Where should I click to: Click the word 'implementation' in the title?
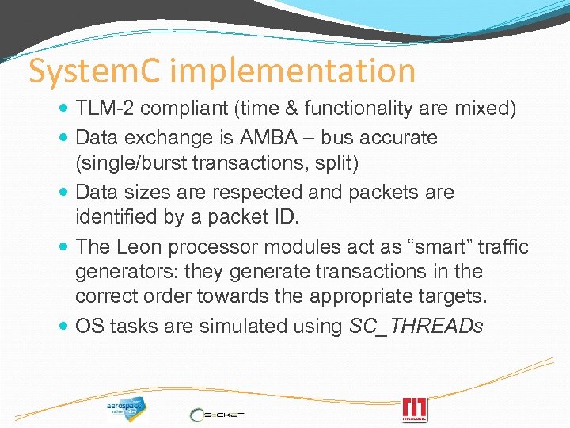292,71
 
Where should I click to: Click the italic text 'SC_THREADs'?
416,327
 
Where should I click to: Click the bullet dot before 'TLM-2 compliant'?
63,109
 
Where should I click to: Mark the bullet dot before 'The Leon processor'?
63,246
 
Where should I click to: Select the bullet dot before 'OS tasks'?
63,327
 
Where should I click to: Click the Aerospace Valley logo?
125,407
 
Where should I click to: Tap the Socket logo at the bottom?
217,413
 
